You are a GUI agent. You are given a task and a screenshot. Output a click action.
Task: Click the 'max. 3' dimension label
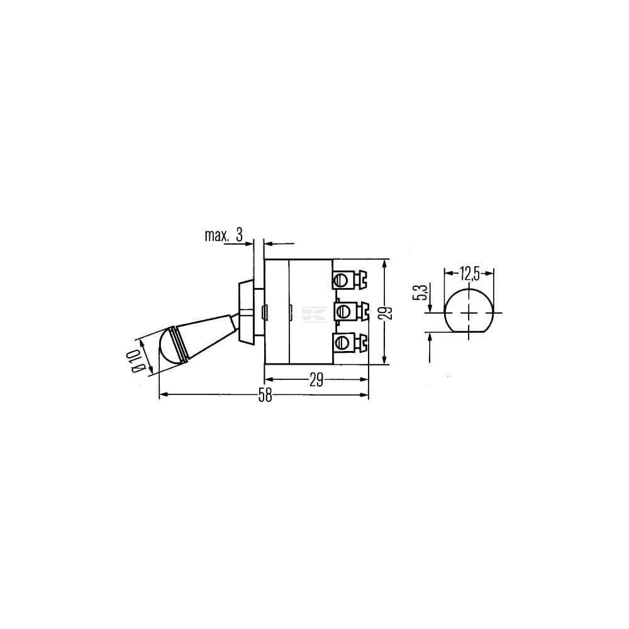(x=224, y=235)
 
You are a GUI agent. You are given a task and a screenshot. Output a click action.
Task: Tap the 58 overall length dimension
(x=265, y=396)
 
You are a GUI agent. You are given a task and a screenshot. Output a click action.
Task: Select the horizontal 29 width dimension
(x=316, y=379)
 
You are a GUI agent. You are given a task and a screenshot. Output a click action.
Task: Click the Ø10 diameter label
(x=136, y=360)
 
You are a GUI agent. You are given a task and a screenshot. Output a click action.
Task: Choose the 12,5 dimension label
(x=469, y=274)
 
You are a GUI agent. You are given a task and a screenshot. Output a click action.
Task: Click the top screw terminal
(x=350, y=280)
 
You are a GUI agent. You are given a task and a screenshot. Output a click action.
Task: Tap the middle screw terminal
(x=350, y=311)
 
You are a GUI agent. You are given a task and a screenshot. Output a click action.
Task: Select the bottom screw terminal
(x=350, y=342)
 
